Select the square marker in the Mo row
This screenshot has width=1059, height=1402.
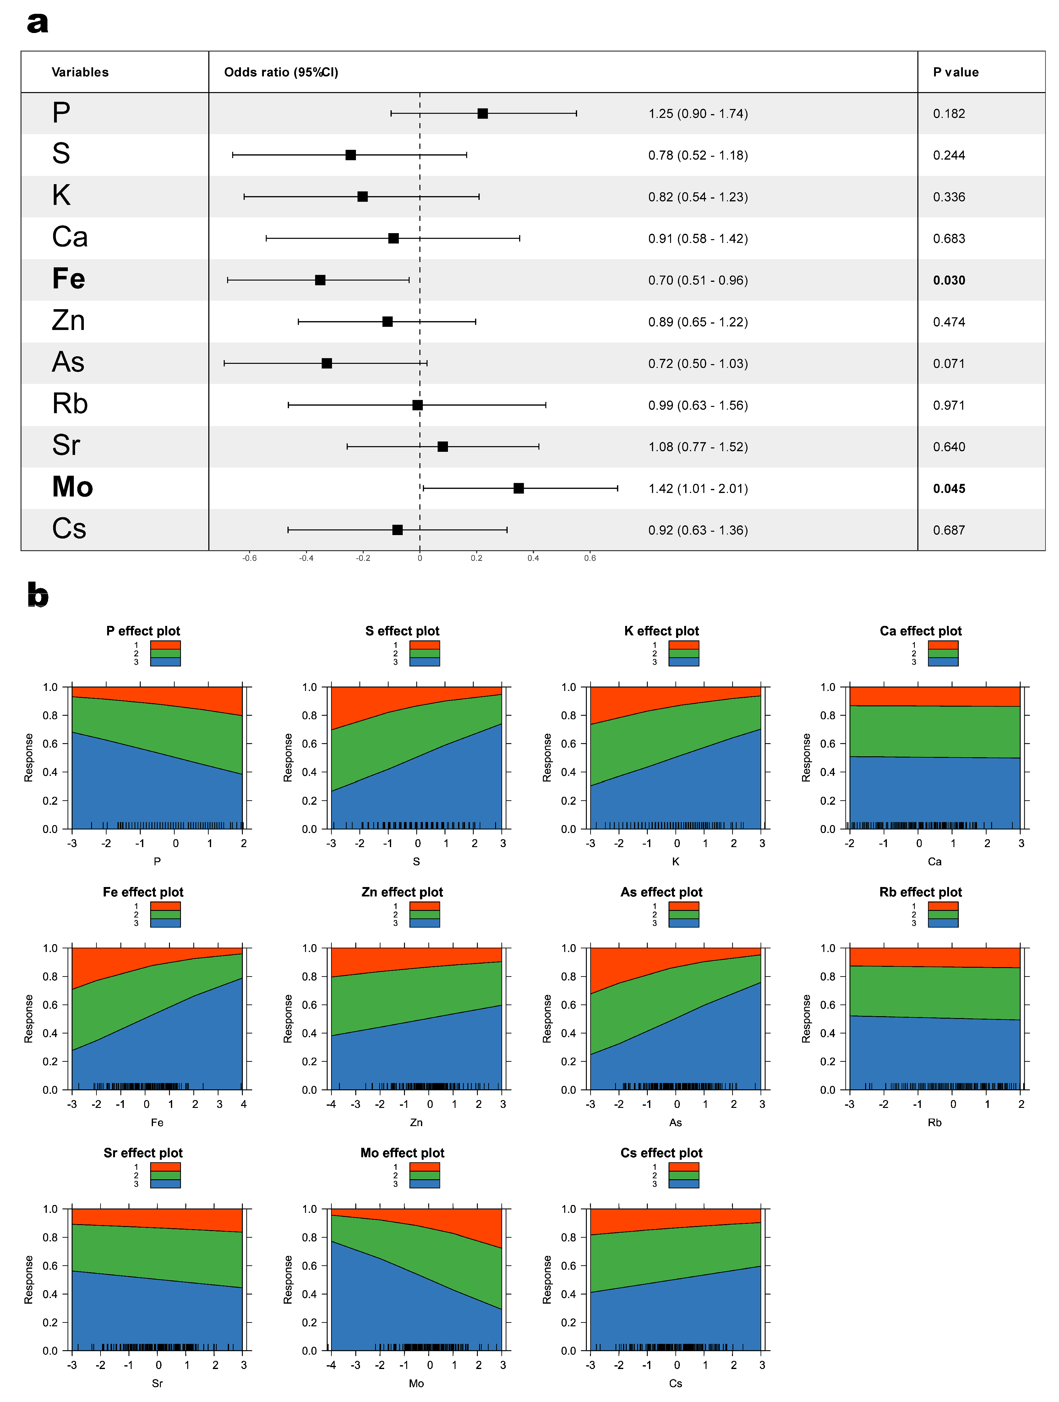(x=518, y=488)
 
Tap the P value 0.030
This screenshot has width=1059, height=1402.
(x=949, y=280)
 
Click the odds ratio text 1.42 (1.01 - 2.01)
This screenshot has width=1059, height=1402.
(x=698, y=489)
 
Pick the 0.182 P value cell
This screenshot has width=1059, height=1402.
(x=949, y=113)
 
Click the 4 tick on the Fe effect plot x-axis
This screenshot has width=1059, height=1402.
(x=243, y=1104)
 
